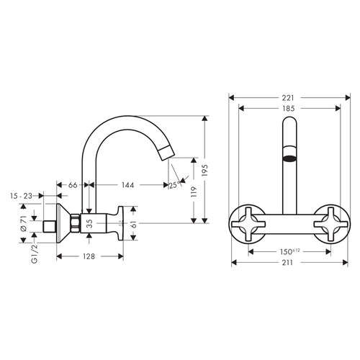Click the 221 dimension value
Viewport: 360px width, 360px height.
click(288, 96)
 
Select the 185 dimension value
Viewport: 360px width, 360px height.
click(288, 109)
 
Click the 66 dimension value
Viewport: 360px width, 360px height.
click(73, 185)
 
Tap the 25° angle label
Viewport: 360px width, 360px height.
click(173, 186)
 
